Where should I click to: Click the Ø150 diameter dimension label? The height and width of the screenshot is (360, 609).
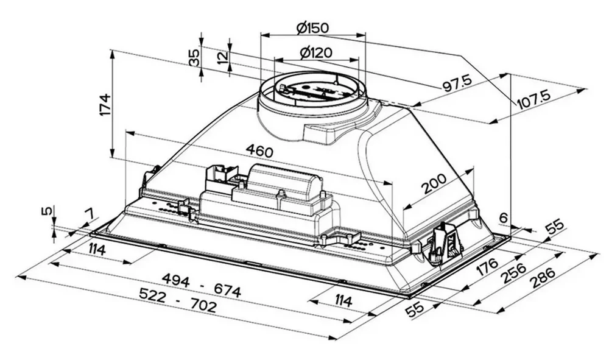[312, 27]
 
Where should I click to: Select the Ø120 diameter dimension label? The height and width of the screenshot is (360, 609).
[317, 52]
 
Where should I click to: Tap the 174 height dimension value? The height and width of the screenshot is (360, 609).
[104, 104]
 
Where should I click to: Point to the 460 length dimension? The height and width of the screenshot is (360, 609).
[259, 150]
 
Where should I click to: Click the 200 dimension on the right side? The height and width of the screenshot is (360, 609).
[434, 184]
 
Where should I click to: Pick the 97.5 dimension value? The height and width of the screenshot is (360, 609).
[457, 83]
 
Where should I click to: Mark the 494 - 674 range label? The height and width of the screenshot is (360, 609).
[201, 284]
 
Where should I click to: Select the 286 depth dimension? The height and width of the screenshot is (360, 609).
[543, 278]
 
